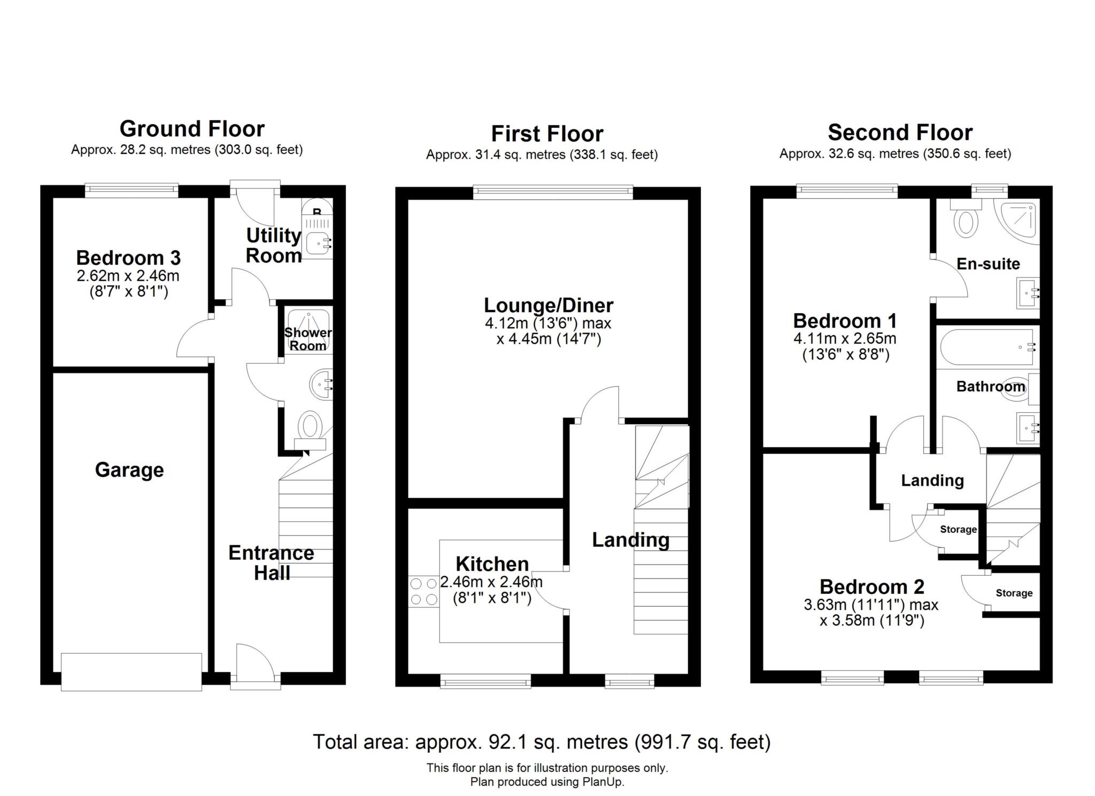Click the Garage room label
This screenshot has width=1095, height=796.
[x=129, y=470]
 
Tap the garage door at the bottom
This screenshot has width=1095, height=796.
[x=131, y=671]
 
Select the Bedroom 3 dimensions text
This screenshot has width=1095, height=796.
[x=128, y=284]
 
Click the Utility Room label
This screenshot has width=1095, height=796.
[x=273, y=245]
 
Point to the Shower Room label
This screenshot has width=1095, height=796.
[x=307, y=339]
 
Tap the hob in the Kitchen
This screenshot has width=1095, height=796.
[x=423, y=592]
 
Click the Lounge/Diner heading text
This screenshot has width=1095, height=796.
[x=548, y=305]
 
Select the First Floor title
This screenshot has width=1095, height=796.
[x=547, y=134]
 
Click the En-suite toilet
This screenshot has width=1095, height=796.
[x=966, y=222]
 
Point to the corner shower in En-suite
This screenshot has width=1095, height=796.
[x=1019, y=220]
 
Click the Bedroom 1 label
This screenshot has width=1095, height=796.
[x=844, y=321]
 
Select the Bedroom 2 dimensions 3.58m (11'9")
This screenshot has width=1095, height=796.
[x=872, y=621]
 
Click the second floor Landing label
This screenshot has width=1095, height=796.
[x=932, y=480]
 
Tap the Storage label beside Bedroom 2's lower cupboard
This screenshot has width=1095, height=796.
[x=1014, y=593]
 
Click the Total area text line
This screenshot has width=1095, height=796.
[x=541, y=742]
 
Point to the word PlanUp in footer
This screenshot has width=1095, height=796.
[x=603, y=782]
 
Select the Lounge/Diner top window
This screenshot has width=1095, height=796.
[x=553, y=192]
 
